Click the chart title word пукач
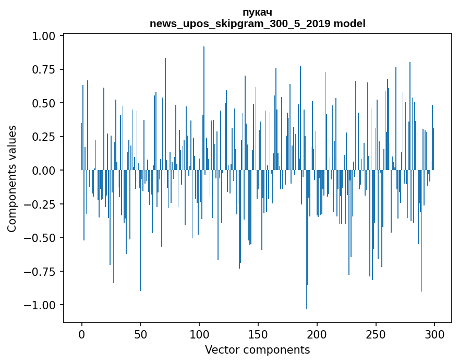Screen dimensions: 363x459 pos(257,12)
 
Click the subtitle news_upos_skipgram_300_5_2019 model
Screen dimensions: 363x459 pos(257,23)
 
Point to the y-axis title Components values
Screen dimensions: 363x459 pos(12,178)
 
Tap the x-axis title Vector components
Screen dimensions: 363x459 pos(257,350)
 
